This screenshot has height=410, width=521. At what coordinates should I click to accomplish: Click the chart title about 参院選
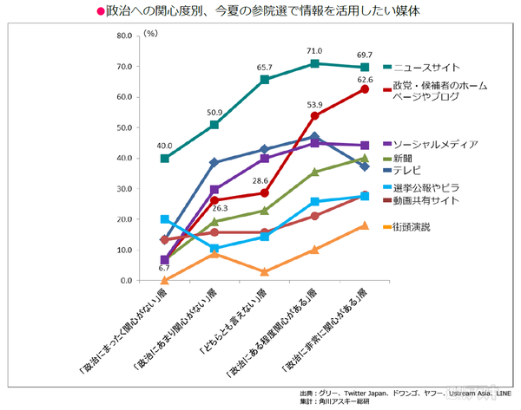(260, 13)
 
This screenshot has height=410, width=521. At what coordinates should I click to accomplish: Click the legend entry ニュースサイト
(426, 67)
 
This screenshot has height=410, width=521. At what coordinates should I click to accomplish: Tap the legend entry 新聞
(404, 158)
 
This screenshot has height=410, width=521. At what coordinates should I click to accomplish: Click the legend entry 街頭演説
(412, 227)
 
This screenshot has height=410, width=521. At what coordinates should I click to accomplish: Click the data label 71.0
(314, 51)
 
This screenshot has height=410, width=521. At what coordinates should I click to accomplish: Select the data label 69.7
(365, 55)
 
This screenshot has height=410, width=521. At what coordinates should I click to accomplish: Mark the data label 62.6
(365, 79)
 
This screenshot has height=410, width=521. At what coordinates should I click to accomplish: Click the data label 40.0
(165, 146)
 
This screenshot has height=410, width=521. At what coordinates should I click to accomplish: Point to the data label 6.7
(164, 269)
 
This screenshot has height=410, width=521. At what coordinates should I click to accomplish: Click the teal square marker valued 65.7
(265, 80)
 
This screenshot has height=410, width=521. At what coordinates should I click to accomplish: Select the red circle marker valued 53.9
(314, 116)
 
